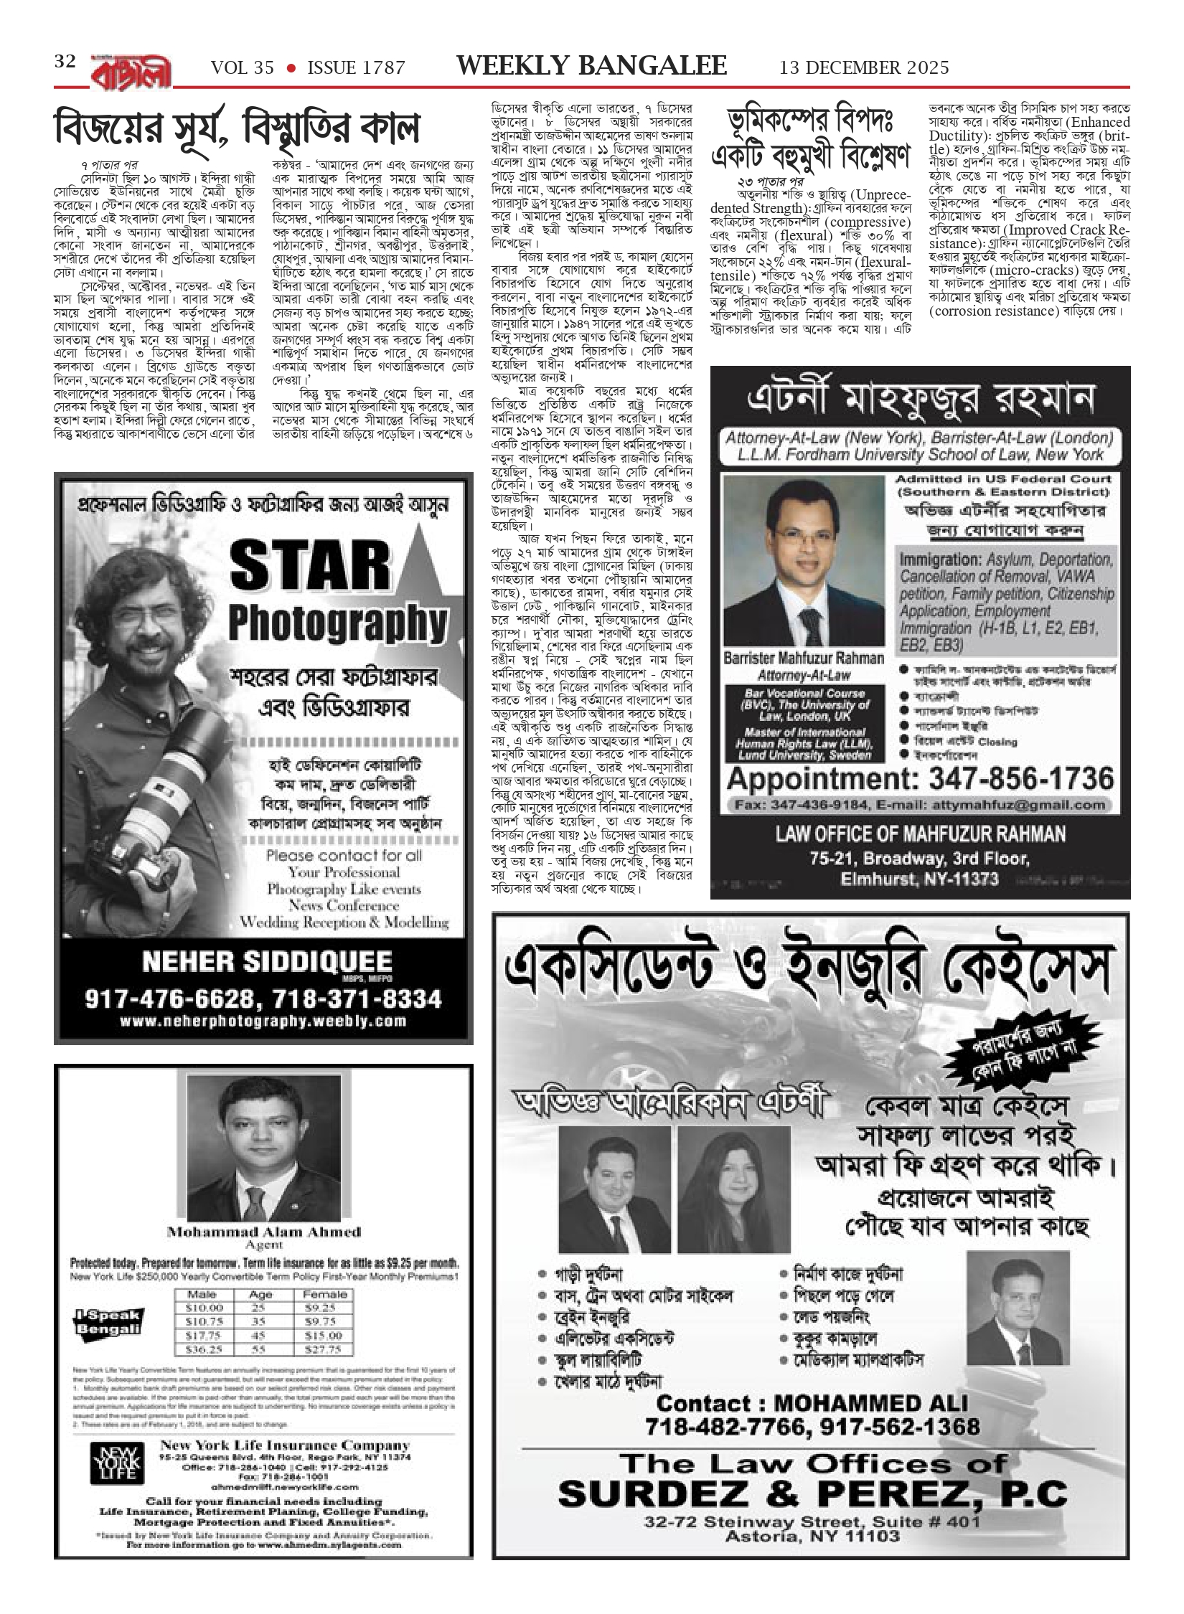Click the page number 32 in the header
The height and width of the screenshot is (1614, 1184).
click(65, 62)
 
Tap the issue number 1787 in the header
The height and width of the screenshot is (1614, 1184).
click(379, 68)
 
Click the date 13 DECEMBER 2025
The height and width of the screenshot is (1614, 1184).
click(864, 67)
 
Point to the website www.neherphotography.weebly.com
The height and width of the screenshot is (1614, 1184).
click(263, 1021)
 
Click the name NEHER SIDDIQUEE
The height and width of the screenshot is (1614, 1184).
click(267, 962)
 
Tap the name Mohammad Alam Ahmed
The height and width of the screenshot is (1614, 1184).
click(263, 1232)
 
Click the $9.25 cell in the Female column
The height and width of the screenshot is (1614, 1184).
click(325, 1308)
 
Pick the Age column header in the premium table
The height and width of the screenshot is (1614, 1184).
click(260, 1294)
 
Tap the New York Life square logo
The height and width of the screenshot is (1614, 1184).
click(117, 1458)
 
